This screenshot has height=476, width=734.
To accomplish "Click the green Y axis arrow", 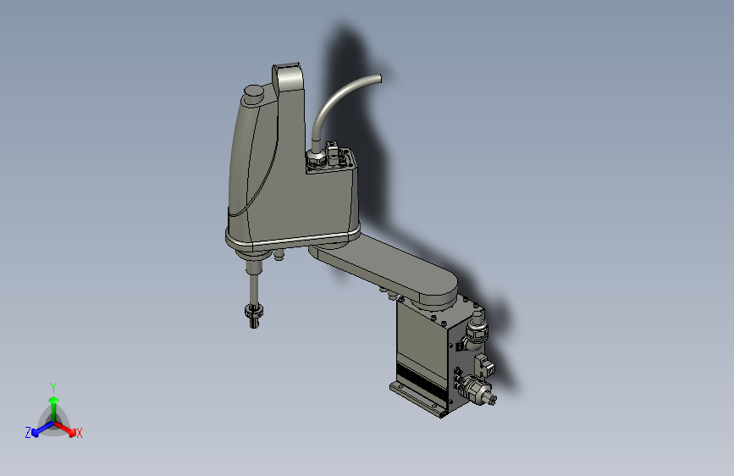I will point(53,401).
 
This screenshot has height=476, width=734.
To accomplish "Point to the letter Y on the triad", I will point(52,386).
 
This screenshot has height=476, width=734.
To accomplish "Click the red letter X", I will point(80,433).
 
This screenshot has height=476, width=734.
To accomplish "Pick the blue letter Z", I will point(28,432).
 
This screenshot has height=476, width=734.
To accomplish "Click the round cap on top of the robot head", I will point(253,93).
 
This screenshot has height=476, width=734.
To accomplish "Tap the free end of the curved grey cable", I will point(379,79).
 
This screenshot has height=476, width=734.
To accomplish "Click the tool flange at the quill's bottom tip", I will point(254,315).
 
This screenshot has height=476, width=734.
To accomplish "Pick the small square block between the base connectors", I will point(485,365).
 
